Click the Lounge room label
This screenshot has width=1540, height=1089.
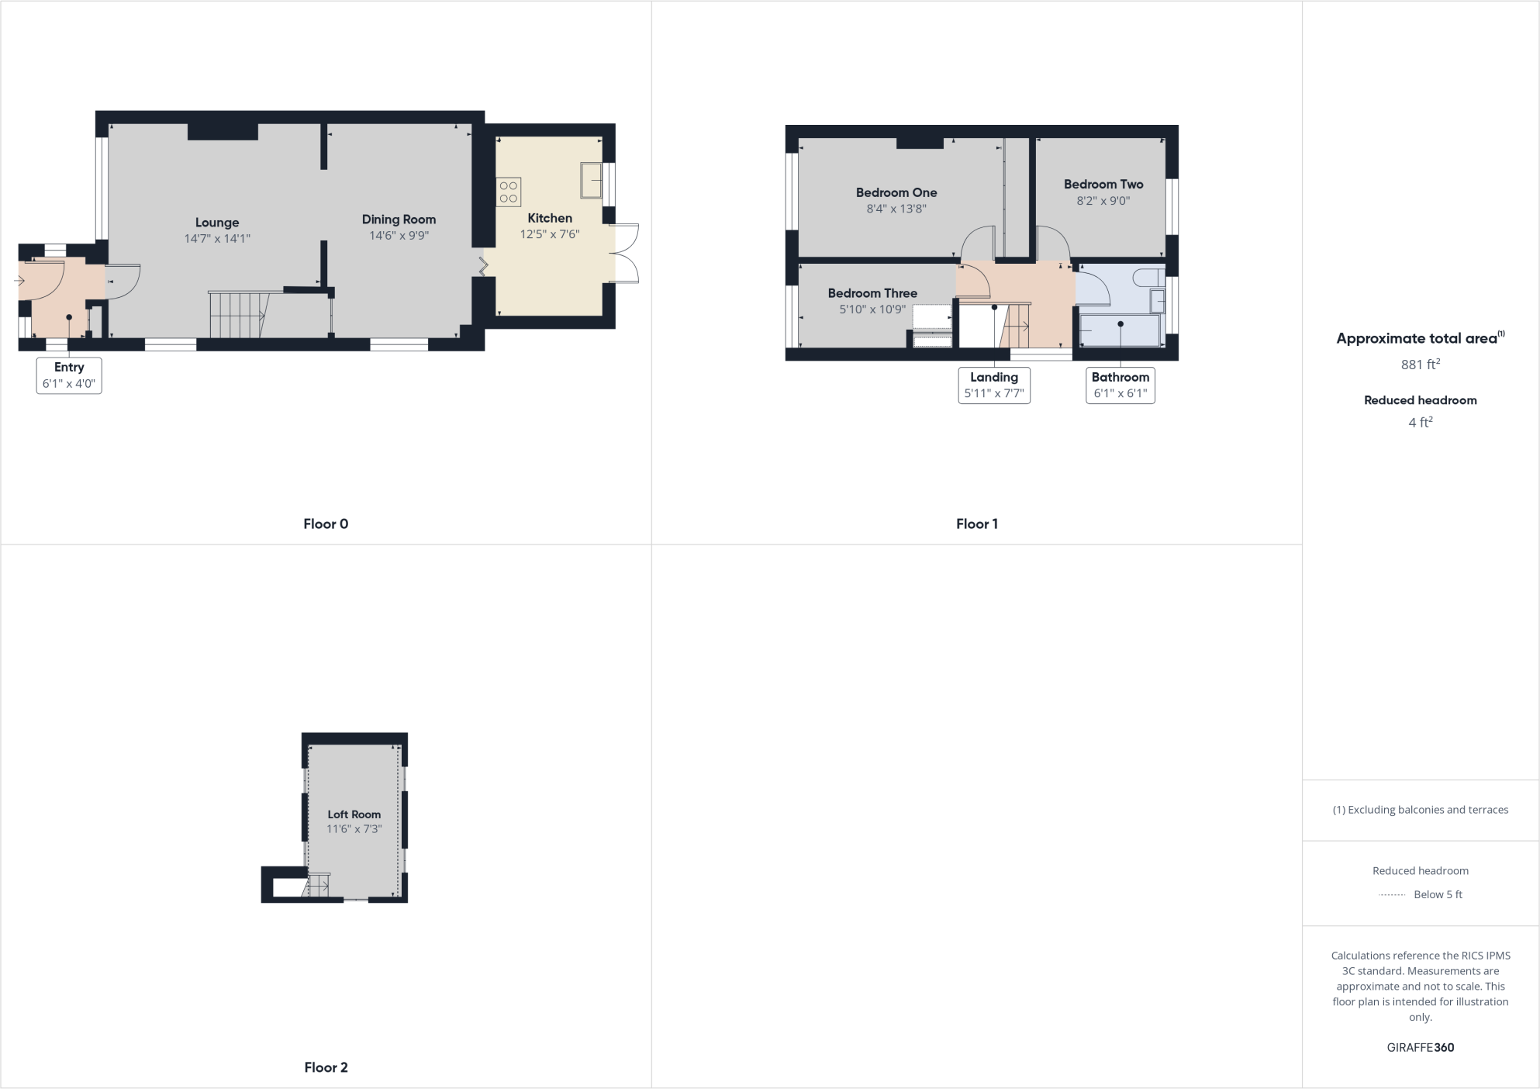(x=217, y=223)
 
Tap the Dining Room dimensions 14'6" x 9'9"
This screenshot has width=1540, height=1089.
(x=399, y=236)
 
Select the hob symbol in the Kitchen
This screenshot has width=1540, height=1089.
(x=509, y=192)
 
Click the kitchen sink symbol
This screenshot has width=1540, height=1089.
(x=591, y=180)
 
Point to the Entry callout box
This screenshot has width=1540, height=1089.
(x=69, y=375)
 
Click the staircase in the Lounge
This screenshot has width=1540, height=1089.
(x=237, y=315)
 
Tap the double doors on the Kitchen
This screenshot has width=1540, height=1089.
(x=625, y=253)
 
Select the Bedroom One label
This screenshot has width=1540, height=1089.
(x=896, y=192)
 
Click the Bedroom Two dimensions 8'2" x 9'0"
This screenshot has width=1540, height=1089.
(x=1103, y=201)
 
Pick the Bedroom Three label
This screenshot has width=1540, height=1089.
(x=872, y=293)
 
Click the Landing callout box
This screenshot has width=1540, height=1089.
(x=994, y=385)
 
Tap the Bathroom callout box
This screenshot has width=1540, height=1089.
(x=1120, y=385)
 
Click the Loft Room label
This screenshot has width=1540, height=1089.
(x=354, y=814)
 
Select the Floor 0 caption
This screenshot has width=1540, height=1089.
(x=326, y=524)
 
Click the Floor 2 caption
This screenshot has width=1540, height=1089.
(x=326, y=1068)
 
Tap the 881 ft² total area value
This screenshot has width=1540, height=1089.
(x=1421, y=365)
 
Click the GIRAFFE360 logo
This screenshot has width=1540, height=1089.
(x=1421, y=1048)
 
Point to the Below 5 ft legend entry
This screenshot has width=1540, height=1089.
(x=1437, y=895)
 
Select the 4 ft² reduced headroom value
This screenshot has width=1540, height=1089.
(x=1421, y=423)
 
